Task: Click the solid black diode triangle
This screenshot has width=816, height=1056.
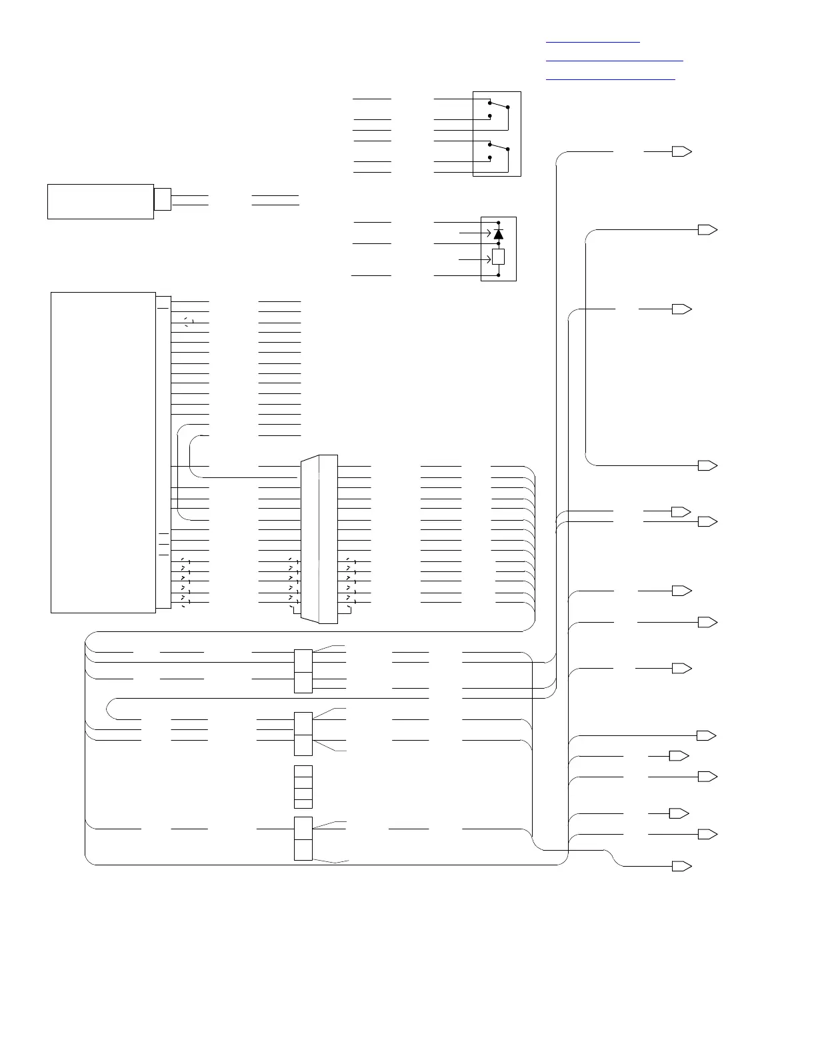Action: coord(498,233)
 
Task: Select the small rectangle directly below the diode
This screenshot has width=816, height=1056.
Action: coord(498,257)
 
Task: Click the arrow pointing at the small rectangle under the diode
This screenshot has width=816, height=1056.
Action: coord(475,259)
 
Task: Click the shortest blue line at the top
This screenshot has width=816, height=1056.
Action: coord(593,42)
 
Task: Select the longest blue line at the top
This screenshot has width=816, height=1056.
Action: coord(615,61)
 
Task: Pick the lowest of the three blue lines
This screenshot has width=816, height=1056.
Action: coord(611,79)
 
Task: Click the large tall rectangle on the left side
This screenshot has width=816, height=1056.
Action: coord(103,452)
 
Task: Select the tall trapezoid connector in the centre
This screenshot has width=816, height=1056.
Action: coord(319,539)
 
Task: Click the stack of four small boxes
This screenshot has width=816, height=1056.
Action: coord(303,787)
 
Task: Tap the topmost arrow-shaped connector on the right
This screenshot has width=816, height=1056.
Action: coord(681,151)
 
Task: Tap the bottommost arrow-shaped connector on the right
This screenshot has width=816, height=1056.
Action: coord(681,866)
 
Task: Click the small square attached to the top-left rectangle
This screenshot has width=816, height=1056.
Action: coord(162,199)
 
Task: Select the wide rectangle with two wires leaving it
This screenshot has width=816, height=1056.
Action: coord(100,201)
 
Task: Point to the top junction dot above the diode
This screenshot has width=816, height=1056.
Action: coord(498,222)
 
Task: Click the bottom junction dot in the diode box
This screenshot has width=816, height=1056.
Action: coord(498,275)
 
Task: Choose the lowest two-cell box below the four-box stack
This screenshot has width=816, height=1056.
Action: coord(303,839)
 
